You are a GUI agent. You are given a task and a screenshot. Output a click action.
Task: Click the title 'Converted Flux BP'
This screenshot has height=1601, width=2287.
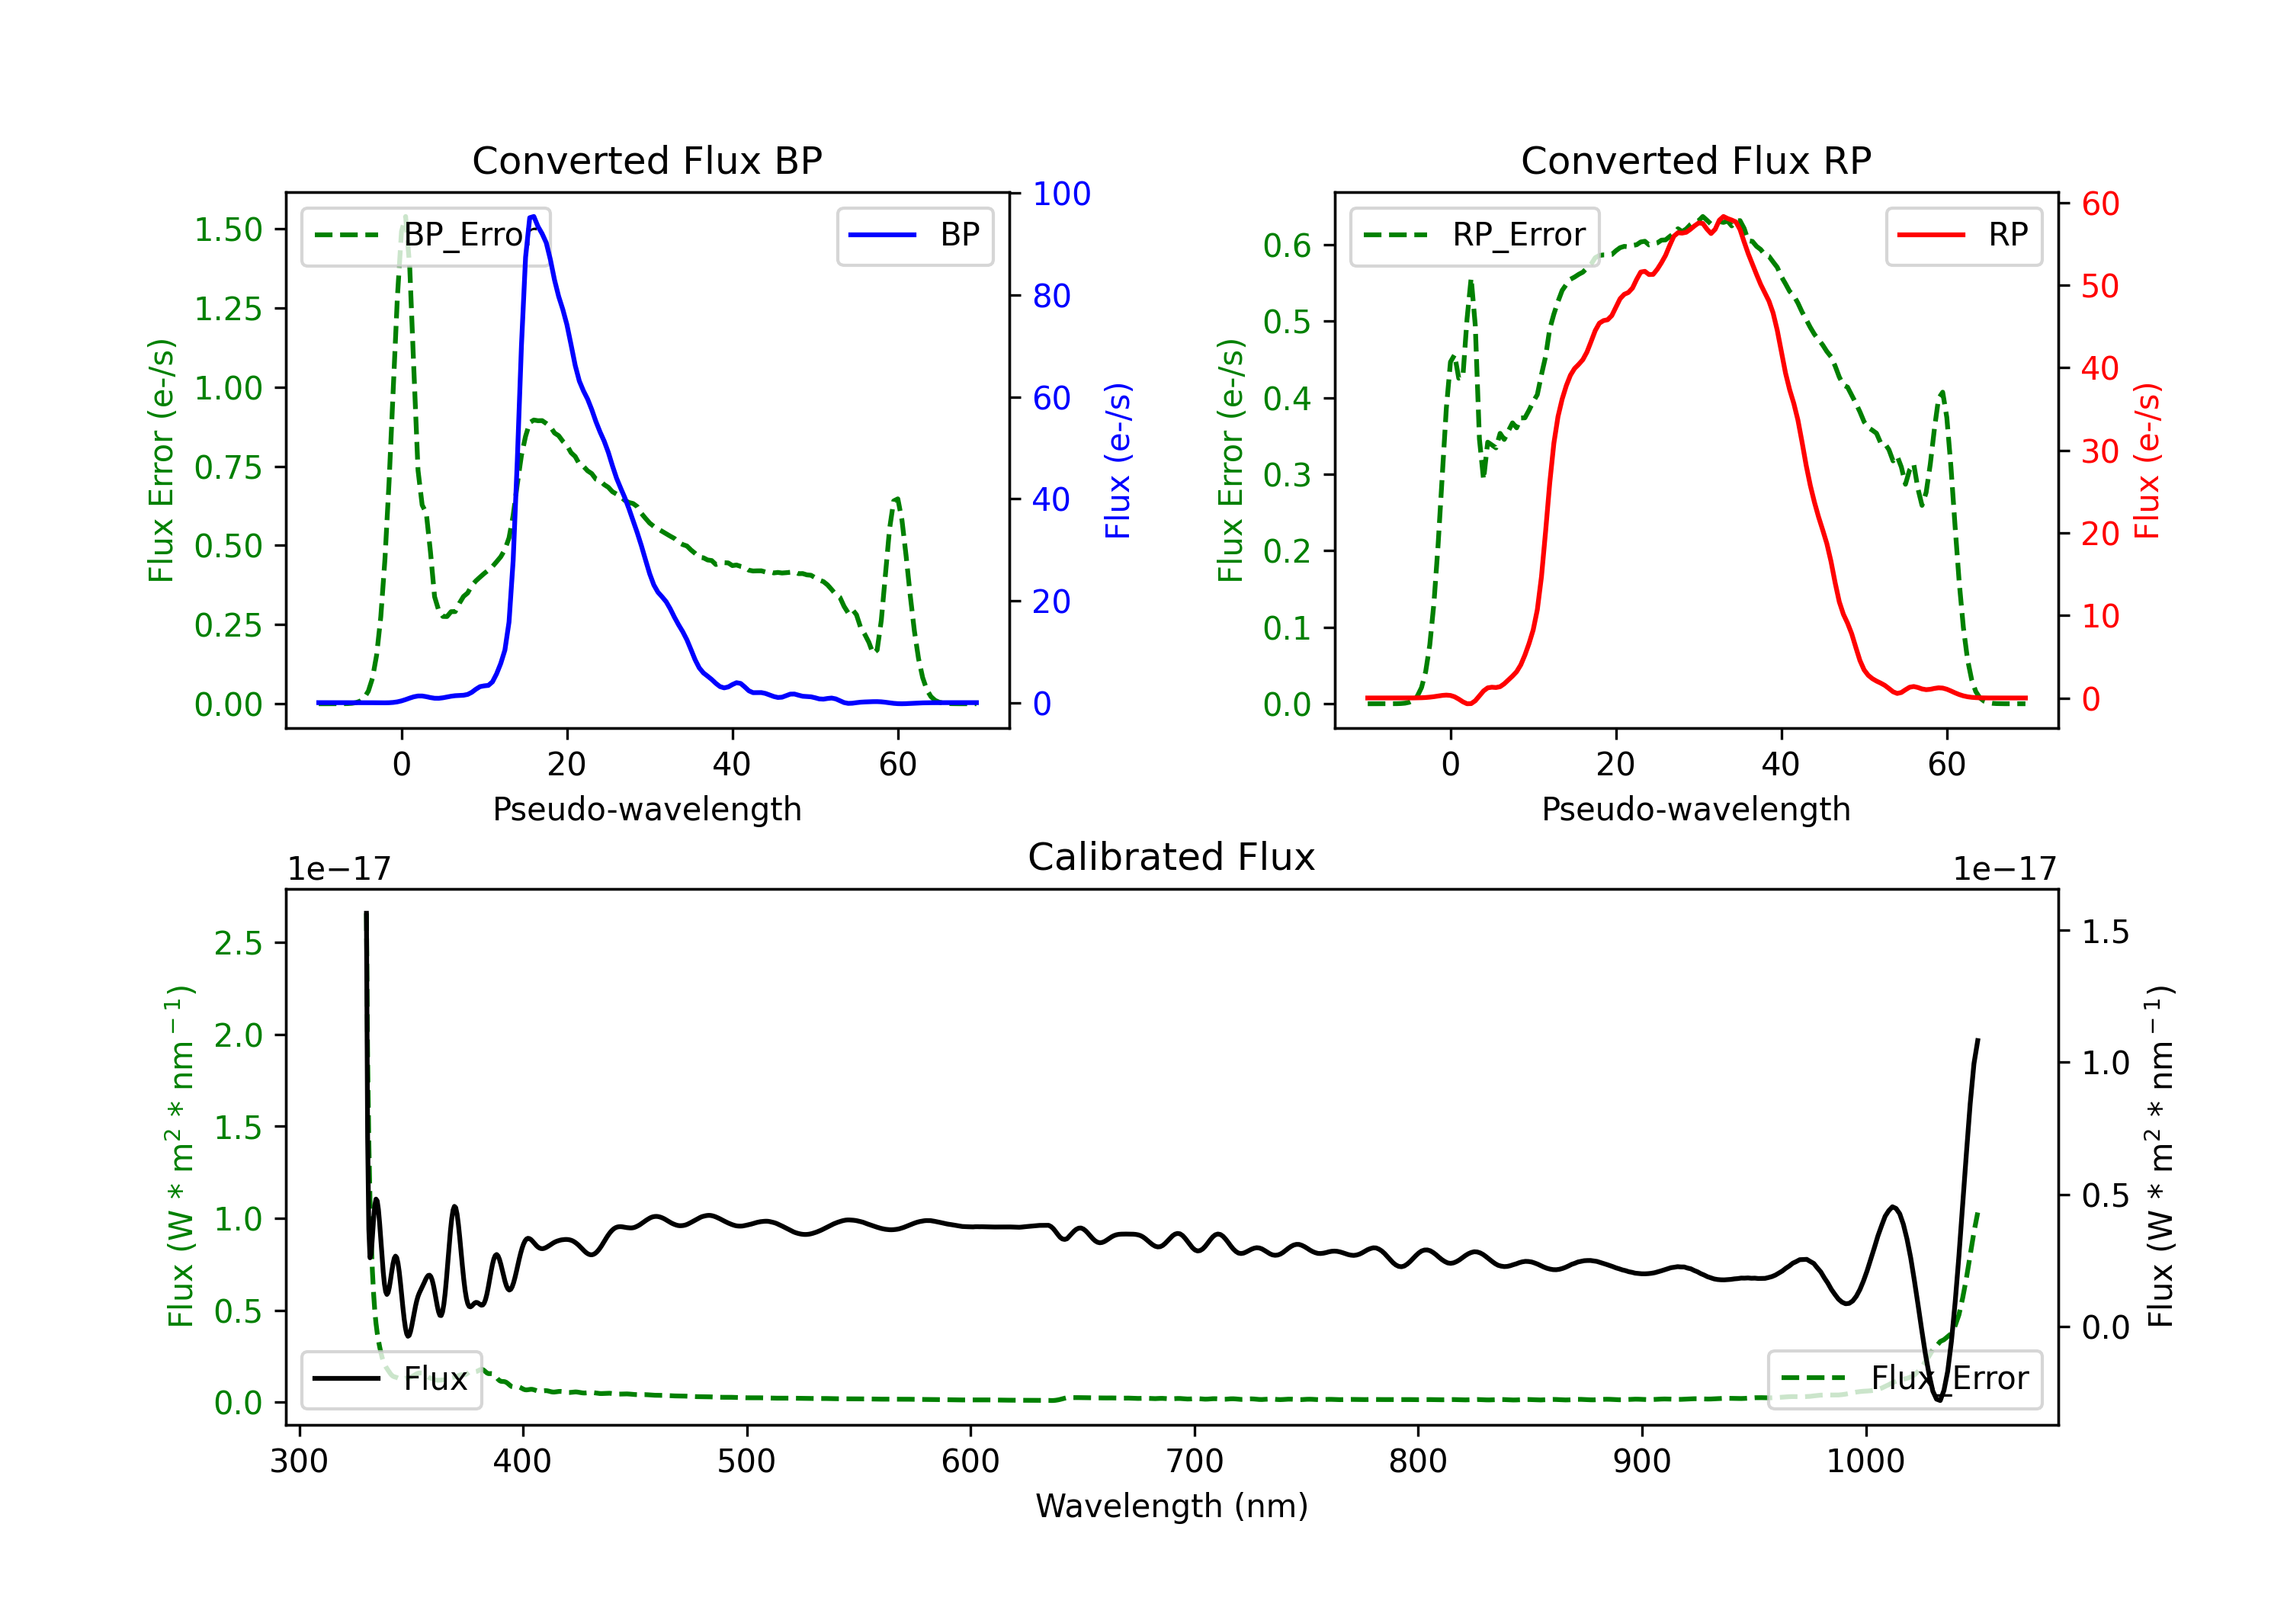[646, 160]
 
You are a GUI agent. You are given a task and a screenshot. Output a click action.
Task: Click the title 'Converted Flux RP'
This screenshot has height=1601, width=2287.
[1695, 160]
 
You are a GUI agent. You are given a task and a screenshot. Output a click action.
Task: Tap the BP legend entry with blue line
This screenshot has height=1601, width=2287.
[914, 235]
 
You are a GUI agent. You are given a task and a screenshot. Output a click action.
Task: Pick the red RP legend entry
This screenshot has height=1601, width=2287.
[1963, 235]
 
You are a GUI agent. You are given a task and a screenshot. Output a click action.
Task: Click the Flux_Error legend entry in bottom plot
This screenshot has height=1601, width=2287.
[1904, 1379]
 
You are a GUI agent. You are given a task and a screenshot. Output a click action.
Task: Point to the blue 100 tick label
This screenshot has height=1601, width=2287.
[1061, 194]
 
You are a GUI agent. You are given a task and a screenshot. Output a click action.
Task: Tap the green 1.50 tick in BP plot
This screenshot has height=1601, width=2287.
[228, 230]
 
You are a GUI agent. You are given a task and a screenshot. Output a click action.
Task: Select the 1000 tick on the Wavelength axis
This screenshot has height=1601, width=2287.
[1865, 1461]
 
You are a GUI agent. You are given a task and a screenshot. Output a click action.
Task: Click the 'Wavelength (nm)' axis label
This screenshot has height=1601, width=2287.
[1172, 1506]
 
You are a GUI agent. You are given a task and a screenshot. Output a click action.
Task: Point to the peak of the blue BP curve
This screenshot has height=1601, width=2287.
[533, 217]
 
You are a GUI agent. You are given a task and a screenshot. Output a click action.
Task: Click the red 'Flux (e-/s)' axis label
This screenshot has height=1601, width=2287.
[2147, 460]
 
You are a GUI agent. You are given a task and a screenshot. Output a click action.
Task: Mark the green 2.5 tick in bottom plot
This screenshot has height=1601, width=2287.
[238, 944]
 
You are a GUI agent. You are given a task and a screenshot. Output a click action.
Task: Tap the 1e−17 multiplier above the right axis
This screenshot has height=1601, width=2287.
[2004, 869]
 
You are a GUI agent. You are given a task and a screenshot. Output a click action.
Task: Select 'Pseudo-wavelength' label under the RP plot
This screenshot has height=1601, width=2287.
[1695, 809]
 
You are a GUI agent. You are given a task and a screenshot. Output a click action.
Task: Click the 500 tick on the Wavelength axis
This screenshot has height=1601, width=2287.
[746, 1461]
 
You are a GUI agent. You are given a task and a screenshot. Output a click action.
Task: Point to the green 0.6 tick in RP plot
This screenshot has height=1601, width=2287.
[1287, 246]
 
